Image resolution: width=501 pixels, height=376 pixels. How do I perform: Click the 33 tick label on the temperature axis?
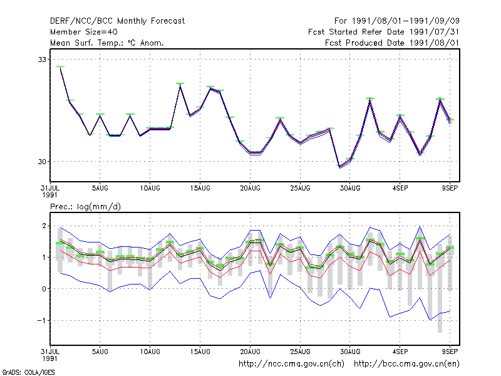42,60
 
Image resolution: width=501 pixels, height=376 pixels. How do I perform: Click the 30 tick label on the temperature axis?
42,162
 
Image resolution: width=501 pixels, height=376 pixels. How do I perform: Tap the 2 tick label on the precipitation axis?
44,226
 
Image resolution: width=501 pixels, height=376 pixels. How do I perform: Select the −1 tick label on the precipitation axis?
42,320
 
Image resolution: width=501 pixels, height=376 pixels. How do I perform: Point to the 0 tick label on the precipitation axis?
44,289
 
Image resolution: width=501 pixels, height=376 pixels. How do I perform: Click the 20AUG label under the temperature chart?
250,189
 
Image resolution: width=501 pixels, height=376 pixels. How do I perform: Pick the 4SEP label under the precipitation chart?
400,352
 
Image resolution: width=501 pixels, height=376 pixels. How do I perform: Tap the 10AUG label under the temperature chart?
150,189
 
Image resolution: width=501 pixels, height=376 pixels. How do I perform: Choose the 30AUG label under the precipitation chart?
350,352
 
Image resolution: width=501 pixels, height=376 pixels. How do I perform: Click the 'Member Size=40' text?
84,32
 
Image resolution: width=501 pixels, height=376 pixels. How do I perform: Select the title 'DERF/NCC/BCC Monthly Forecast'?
117,21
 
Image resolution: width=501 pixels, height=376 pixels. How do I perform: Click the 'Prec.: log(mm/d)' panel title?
85,207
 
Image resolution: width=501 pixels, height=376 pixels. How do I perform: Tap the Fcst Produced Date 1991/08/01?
392,43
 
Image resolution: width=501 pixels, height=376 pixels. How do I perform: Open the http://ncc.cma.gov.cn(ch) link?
291,364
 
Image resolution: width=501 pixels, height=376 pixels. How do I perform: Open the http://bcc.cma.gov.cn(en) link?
406,364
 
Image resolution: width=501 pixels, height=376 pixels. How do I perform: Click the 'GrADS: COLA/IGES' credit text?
28,372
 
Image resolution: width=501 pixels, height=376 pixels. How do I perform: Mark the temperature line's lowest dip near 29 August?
339,167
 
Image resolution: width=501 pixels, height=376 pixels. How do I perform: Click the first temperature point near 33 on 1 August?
60,68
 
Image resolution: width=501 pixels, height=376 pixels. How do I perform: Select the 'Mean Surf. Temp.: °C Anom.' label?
107,43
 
